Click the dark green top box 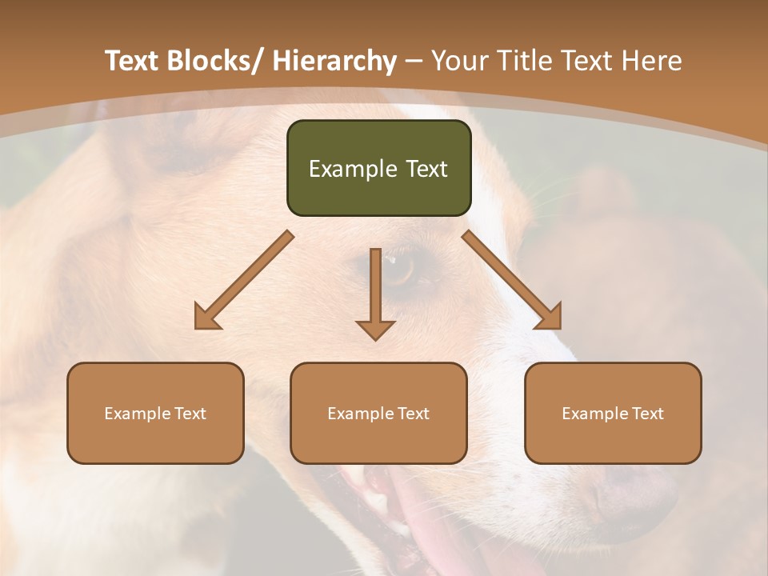click(x=378, y=168)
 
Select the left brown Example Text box click(x=155, y=413)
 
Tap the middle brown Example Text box click(x=378, y=413)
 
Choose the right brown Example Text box click(x=613, y=413)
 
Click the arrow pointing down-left click(x=243, y=280)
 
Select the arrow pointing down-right click(x=512, y=280)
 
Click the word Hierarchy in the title click(x=334, y=61)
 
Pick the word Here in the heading click(x=654, y=61)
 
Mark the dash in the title click(x=414, y=61)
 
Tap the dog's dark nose click(x=632, y=500)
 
